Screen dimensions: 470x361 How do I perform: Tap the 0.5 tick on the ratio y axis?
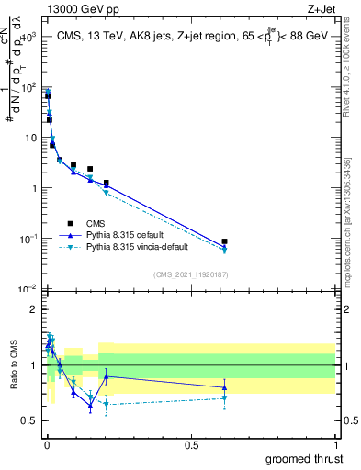coord(29,420)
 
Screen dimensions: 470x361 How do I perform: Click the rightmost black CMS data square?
coord(224,241)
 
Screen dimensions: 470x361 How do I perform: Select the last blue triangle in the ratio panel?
coord(224,387)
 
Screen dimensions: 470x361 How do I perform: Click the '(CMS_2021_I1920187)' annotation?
coord(190,274)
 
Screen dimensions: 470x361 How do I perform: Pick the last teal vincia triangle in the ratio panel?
coord(224,398)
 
